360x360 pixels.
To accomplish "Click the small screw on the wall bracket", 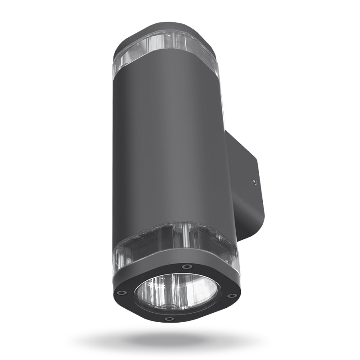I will pos(254,182).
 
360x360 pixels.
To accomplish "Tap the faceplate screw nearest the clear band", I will pos(184,267).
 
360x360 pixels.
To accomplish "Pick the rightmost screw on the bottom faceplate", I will pos(232,296).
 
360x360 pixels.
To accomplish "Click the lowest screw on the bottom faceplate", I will pos(169,319).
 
